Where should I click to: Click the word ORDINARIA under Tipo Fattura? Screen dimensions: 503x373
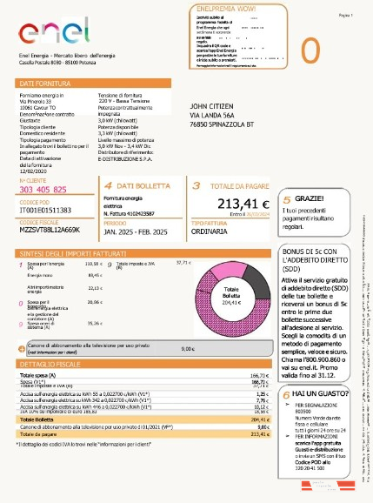pos(214,231)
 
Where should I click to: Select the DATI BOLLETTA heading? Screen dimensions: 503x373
pos(139,185)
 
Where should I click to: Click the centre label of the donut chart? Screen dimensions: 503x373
pos(231,292)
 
